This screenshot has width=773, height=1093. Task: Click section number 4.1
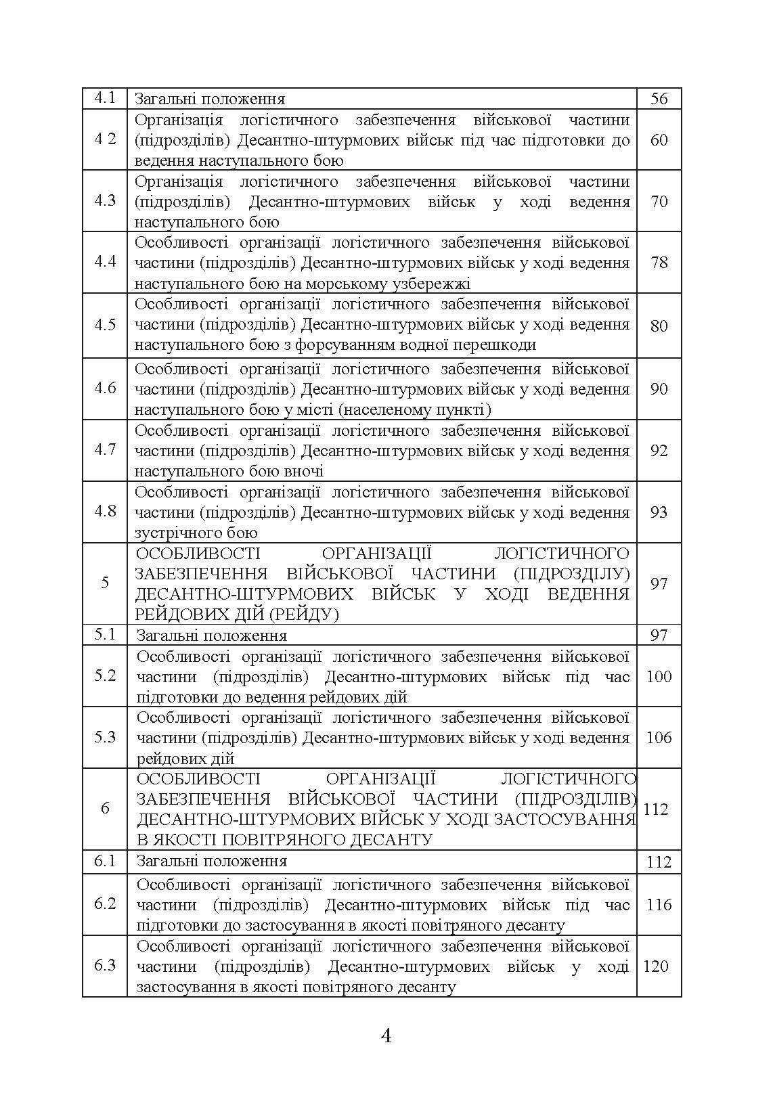[105, 98]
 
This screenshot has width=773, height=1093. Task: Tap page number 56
[659, 99]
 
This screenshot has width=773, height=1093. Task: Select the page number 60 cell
[659, 139]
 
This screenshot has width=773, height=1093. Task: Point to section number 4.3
[105, 201]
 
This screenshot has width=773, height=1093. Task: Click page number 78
[659, 263]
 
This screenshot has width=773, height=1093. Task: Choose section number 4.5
[105, 324]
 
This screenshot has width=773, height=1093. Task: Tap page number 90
[659, 388]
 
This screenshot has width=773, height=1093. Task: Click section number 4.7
[105, 449]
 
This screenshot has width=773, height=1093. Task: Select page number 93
[659, 512]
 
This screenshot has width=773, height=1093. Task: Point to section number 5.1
[105, 635]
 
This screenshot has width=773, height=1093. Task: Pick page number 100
[659, 676]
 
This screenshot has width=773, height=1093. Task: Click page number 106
[659, 737]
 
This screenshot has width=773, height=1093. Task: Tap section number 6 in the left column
[105, 808]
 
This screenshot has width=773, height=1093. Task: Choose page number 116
[659, 905]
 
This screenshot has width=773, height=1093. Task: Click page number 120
[656, 966]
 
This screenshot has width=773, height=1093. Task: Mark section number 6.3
[105, 966]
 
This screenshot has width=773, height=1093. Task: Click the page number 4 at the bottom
[386, 1035]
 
